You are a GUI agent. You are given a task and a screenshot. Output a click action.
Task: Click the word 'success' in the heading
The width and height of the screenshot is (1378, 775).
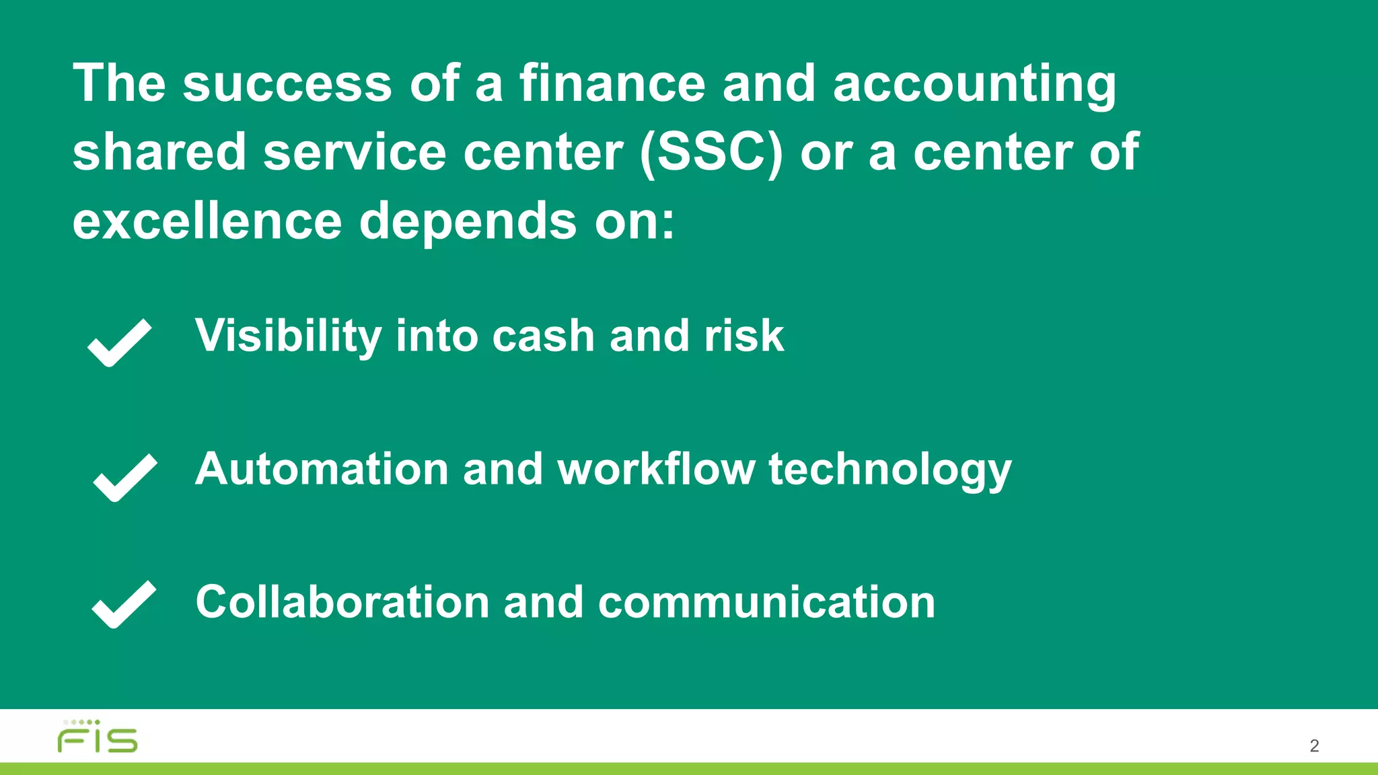(287, 84)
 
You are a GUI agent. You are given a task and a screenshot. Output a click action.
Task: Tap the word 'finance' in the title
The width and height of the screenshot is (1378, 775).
(612, 84)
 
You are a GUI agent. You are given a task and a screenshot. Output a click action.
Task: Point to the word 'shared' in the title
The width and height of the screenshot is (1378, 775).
(159, 152)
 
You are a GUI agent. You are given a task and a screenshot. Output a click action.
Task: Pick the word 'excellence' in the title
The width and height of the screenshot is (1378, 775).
(207, 221)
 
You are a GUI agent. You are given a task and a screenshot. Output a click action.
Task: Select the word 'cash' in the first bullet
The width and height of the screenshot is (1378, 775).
(543, 336)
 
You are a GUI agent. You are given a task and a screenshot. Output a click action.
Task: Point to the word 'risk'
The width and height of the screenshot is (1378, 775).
(744, 336)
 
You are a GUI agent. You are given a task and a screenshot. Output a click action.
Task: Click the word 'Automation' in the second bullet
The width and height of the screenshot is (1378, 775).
(322, 469)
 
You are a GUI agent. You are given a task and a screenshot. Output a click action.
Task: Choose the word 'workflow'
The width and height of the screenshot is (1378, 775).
(656, 469)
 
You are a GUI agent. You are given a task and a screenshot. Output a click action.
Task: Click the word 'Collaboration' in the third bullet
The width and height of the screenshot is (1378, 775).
(342, 602)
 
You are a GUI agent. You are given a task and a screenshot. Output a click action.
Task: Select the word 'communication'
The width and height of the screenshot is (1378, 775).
(766, 602)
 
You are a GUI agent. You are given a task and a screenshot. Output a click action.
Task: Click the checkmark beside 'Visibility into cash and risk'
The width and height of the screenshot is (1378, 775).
(120, 342)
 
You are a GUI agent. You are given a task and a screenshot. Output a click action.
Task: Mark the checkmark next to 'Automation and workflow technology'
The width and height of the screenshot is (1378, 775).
(124, 477)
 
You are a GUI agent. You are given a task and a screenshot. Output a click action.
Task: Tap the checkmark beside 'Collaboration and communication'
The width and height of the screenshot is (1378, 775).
(124, 603)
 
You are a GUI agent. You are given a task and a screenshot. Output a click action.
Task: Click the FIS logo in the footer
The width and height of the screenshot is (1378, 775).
(98, 737)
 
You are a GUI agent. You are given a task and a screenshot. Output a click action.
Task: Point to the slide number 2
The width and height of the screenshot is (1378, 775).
(1313, 745)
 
